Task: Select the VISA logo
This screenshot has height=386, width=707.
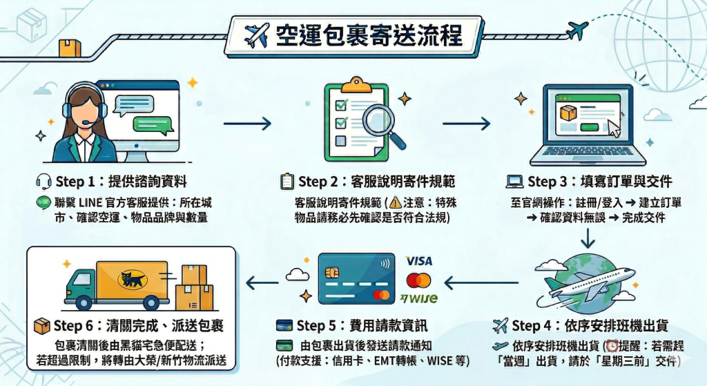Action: (419, 262)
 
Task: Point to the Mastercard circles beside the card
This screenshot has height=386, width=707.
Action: (418, 280)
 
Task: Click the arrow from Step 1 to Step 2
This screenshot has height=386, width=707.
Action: (247, 124)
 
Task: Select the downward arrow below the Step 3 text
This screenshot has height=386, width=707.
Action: (588, 237)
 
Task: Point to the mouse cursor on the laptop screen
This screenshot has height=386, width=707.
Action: (613, 127)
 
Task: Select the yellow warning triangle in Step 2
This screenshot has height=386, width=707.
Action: (395, 203)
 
